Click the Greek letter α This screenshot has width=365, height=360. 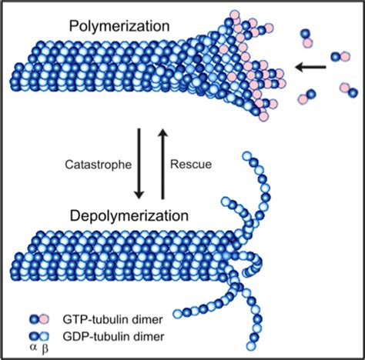(x=32, y=349)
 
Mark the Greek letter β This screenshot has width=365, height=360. (x=45, y=349)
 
